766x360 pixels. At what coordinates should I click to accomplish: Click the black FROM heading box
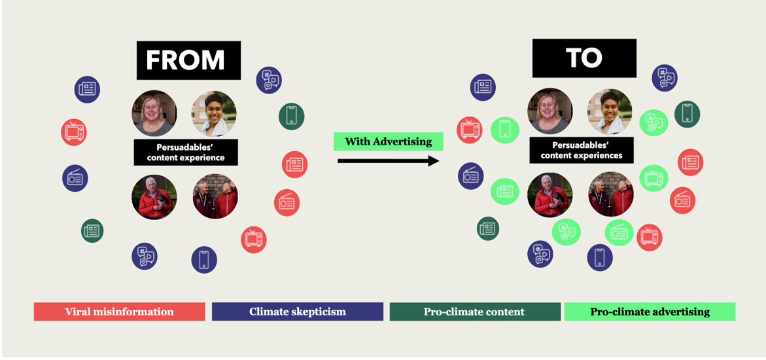(188, 60)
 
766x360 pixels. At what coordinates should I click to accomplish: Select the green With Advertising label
(388, 141)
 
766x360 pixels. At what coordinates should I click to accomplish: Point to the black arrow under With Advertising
(388, 160)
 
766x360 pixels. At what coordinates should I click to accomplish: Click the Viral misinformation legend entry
(119, 312)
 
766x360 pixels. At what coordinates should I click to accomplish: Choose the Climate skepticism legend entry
(297, 312)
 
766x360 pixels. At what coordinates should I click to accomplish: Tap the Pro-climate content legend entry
(474, 312)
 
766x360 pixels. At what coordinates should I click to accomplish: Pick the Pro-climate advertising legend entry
(650, 312)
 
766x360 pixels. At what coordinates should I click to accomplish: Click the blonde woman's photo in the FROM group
(154, 113)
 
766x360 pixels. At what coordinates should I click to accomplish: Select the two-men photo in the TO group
(611, 194)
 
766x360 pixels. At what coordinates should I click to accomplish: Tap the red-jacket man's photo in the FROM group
(154, 196)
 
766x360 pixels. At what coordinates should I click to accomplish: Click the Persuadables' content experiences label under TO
(582, 151)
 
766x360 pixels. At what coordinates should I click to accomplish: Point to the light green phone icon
(504, 129)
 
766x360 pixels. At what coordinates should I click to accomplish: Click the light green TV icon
(653, 178)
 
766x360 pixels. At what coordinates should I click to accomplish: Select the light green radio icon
(618, 233)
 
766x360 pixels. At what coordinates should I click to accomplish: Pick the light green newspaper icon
(504, 192)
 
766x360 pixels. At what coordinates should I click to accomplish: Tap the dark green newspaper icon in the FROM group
(92, 230)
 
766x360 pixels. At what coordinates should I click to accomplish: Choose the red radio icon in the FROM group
(287, 203)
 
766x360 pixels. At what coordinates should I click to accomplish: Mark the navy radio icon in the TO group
(470, 176)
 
